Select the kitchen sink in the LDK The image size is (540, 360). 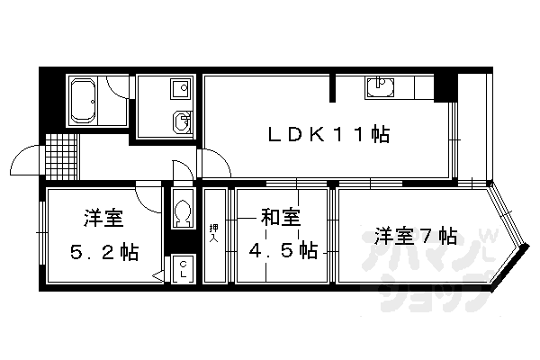pyautogui.click(x=378, y=88)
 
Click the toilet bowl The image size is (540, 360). pyautogui.click(x=183, y=212)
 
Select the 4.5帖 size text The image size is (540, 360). pyautogui.click(x=283, y=248)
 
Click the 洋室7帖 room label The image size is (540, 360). pyautogui.click(x=415, y=237)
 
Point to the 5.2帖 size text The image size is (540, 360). pyautogui.click(x=105, y=252)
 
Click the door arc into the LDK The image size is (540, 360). pyautogui.click(x=216, y=164)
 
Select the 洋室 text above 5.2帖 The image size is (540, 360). pyautogui.click(x=104, y=219)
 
